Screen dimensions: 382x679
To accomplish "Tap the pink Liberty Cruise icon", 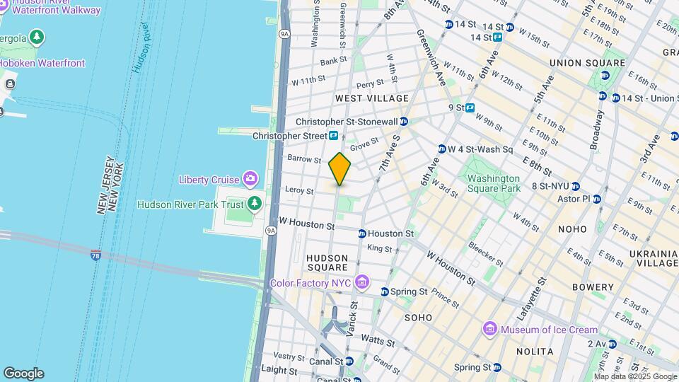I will [x=250, y=180].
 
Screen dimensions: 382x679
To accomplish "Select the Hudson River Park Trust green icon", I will [x=255, y=204].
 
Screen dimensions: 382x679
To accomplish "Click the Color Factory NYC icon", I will [x=362, y=283].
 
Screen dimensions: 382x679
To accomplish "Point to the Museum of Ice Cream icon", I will [x=489, y=330].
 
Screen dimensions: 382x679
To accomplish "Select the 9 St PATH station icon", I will [x=470, y=108].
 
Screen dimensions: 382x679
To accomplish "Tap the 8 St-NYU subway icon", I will [x=576, y=186].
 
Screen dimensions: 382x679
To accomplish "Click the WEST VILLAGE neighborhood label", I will [x=372, y=98].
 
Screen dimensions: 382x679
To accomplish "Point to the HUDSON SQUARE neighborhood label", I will [x=327, y=262].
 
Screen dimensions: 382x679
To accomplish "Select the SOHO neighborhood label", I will [x=418, y=318].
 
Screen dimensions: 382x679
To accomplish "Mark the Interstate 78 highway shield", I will [x=95, y=256].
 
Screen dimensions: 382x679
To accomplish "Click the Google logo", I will [x=23, y=374].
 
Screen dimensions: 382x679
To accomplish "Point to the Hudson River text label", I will [x=141, y=47].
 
